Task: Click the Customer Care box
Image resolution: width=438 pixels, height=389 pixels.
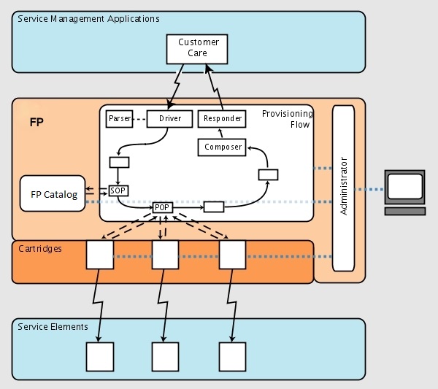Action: tap(193, 48)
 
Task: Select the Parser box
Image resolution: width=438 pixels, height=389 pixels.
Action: tap(118, 118)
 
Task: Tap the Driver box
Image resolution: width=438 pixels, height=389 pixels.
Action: tap(169, 118)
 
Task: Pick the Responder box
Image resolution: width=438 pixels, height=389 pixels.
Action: tap(223, 118)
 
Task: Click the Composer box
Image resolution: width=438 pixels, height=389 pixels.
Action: tap(223, 147)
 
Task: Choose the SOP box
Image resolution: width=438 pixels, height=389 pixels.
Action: tap(118, 190)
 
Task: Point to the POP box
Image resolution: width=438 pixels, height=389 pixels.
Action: tap(162, 207)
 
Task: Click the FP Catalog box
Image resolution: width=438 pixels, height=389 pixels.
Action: tap(51, 195)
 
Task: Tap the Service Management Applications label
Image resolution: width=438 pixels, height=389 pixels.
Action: tap(88, 19)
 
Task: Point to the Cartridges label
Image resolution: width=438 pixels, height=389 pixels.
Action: tap(40, 249)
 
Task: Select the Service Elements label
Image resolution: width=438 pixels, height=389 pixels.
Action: tap(53, 326)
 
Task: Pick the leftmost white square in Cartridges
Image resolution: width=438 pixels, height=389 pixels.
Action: tap(100, 255)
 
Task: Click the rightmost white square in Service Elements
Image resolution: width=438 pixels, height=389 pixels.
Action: tap(233, 356)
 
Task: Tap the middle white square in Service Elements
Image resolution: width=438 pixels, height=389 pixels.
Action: tap(165, 356)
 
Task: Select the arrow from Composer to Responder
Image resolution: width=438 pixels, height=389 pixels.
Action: tap(222, 132)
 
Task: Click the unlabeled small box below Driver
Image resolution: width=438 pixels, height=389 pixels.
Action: tap(118, 162)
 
